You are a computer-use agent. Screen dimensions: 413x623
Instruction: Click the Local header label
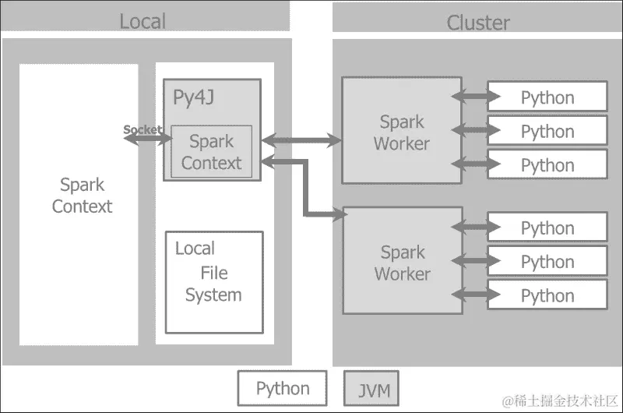(x=143, y=21)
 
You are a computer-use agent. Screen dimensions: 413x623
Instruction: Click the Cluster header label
(x=477, y=23)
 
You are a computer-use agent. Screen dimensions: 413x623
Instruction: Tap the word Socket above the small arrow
(x=143, y=129)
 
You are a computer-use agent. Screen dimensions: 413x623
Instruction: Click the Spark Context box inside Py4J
(x=211, y=152)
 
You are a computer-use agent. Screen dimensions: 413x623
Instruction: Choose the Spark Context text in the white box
(x=81, y=196)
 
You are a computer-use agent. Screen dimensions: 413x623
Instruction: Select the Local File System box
(x=214, y=282)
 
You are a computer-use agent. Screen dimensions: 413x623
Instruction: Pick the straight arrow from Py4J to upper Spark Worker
(x=301, y=141)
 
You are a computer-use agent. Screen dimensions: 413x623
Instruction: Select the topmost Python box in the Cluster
(x=547, y=97)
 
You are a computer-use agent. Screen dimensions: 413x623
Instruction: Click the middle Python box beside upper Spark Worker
(x=547, y=131)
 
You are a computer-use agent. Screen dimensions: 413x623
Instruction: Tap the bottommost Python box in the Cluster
(x=547, y=295)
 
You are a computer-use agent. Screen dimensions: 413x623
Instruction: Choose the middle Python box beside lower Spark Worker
(x=547, y=262)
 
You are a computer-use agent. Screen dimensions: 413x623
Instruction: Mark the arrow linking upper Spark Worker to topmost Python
(x=476, y=97)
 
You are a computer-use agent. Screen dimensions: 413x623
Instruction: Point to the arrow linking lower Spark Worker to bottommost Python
(x=476, y=295)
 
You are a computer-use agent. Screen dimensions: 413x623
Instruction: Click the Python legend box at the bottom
(x=282, y=388)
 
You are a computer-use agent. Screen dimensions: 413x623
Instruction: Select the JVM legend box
(x=371, y=388)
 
